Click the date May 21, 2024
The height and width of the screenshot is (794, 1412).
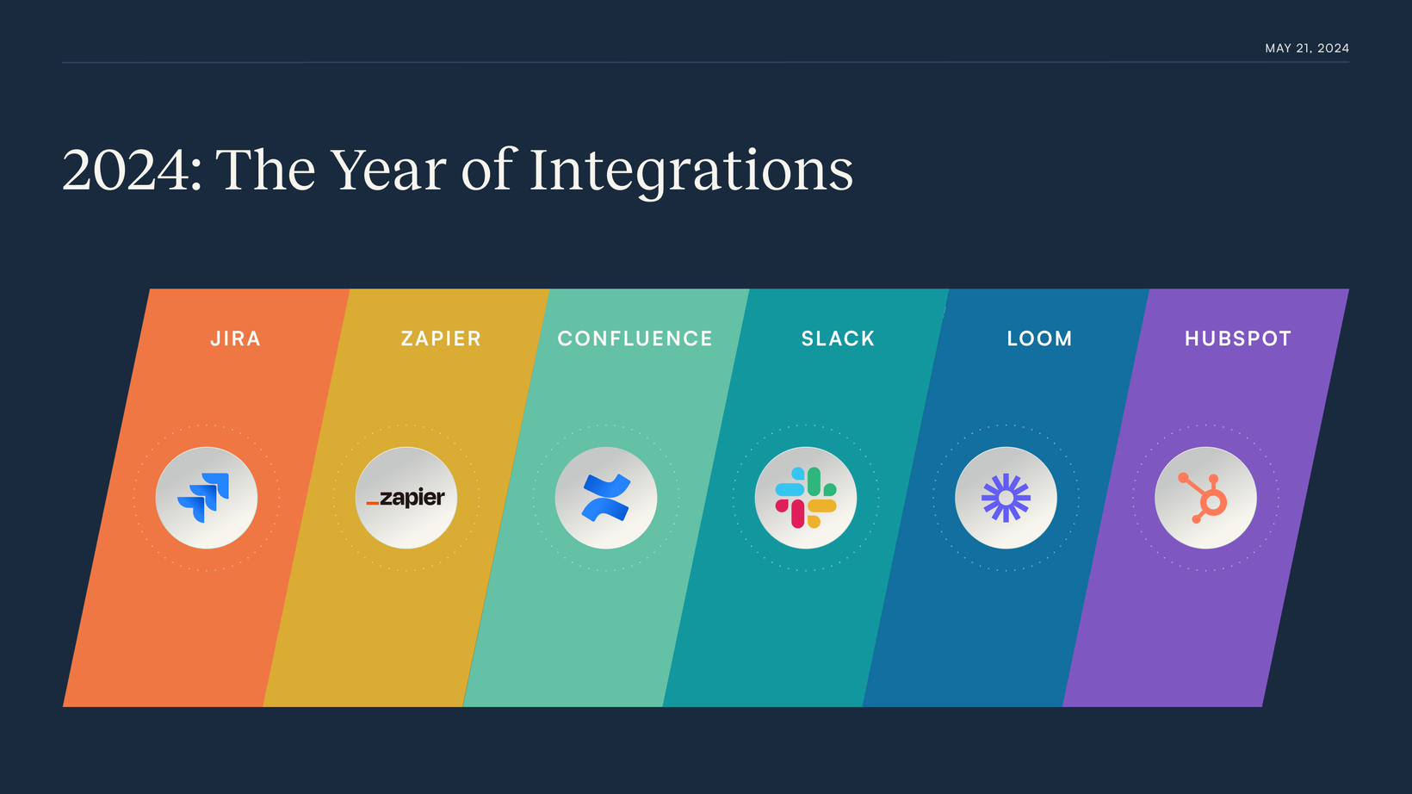click(1307, 48)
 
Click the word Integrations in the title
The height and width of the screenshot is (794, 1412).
click(691, 171)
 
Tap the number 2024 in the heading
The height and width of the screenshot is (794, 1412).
click(126, 171)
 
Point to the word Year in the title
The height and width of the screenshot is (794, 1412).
click(388, 170)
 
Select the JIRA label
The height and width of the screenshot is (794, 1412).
click(236, 338)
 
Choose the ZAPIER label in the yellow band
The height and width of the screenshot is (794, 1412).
click(441, 338)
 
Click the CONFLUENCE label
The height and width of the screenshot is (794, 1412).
click(635, 338)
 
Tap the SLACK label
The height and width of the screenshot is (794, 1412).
click(838, 338)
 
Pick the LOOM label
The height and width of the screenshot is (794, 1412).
click(1039, 338)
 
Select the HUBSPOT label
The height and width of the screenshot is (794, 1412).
click(1238, 338)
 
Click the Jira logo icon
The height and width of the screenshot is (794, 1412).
click(203, 498)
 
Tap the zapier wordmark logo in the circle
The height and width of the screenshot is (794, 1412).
click(406, 499)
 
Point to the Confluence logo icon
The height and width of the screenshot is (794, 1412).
click(606, 498)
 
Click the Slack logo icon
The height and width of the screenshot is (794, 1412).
click(806, 498)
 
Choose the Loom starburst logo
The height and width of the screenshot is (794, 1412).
click(1006, 498)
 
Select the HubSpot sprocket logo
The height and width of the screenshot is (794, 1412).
click(1203, 499)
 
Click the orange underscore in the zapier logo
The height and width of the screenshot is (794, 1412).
click(373, 503)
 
